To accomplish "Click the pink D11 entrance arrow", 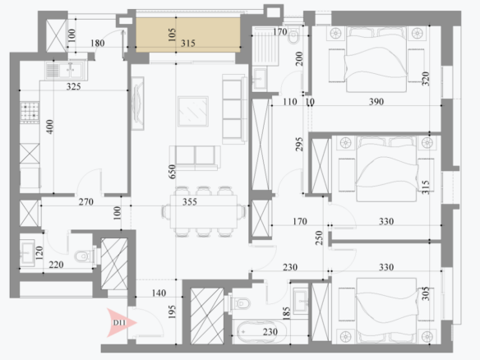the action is (x=121, y=323).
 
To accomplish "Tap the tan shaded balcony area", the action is (x=188, y=35).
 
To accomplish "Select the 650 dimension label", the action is (x=172, y=172).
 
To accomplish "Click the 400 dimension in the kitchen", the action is (x=49, y=127).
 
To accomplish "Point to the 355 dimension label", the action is (x=190, y=202).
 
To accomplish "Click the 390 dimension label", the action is (x=376, y=102).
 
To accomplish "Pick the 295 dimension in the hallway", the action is (x=299, y=144).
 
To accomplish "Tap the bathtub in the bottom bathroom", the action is (x=261, y=332).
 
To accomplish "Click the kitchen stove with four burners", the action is (x=30, y=112).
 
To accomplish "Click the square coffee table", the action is (x=193, y=112).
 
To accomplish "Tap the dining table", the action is (x=204, y=212).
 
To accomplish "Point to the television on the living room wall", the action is (x=137, y=104).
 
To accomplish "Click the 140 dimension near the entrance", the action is (x=159, y=293).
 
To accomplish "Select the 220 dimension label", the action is (x=57, y=265).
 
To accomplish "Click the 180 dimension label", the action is (x=98, y=44).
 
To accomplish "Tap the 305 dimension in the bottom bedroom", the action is (x=426, y=293).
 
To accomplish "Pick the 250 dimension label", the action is (x=319, y=238).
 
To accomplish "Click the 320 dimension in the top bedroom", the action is (x=426, y=79).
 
